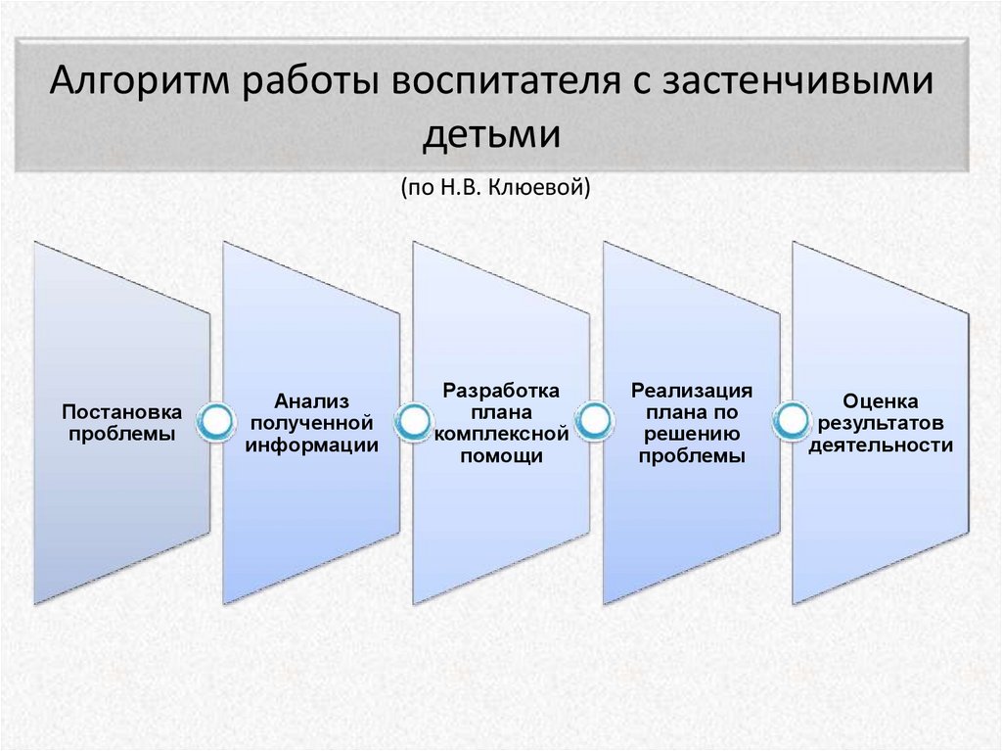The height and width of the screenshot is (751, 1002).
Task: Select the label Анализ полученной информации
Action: click(x=312, y=421)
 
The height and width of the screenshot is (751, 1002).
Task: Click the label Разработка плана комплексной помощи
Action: click(x=501, y=423)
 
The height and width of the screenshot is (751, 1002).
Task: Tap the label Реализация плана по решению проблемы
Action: click(x=691, y=423)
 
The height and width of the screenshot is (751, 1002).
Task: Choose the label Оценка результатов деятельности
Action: click(x=880, y=422)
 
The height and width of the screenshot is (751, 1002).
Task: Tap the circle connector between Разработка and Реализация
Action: click(x=593, y=422)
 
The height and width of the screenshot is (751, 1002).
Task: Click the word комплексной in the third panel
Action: click(x=501, y=434)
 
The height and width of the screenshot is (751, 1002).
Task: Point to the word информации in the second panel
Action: click(x=312, y=444)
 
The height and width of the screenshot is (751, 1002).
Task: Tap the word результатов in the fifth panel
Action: click(x=880, y=423)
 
